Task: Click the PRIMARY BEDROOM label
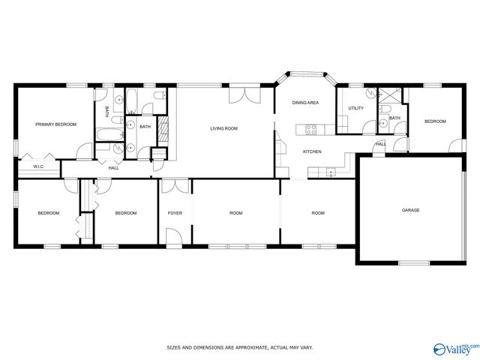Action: point(56,124)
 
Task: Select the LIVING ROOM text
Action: point(223,129)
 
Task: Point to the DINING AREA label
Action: point(305,102)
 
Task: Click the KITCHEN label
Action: point(313,152)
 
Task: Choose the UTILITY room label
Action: point(355,109)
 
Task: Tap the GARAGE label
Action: point(411,211)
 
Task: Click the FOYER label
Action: point(175,214)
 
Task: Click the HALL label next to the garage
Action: point(380,144)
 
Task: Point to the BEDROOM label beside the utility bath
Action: point(435,121)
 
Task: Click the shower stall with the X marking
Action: point(389,95)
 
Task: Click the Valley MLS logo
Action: point(454,349)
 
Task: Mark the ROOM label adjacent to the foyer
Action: point(235,214)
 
